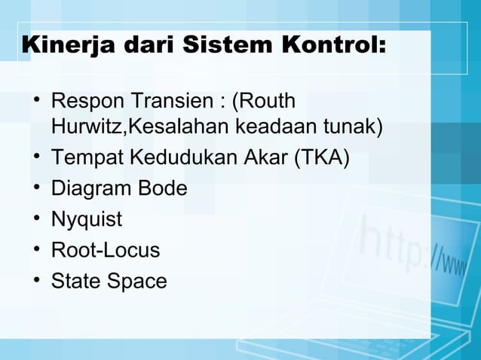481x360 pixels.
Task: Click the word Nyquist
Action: click(86, 220)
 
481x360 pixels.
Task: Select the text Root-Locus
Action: click(105, 250)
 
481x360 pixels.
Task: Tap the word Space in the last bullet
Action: click(136, 281)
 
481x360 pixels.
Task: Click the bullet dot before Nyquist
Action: click(36, 220)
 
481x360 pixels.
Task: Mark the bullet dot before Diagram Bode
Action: click(36, 189)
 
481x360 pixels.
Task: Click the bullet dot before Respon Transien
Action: click(36, 101)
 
